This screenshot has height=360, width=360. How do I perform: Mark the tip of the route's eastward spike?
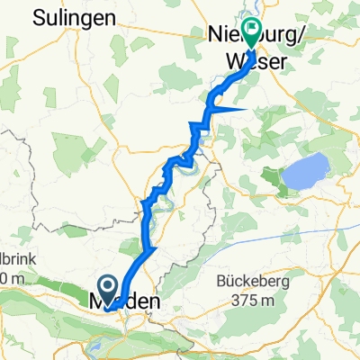(249, 107)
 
